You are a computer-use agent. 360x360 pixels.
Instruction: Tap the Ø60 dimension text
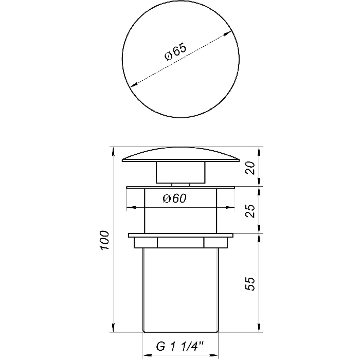click(x=175, y=199)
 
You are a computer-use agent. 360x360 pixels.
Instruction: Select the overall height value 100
click(x=104, y=240)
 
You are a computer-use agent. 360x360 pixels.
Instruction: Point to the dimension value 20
click(x=250, y=168)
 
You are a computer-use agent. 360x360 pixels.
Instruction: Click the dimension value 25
click(x=250, y=211)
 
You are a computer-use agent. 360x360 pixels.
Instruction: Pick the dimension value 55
click(x=250, y=284)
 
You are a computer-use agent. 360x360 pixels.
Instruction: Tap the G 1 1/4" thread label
click(x=180, y=346)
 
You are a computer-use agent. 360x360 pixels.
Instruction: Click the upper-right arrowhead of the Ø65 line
click(x=227, y=33)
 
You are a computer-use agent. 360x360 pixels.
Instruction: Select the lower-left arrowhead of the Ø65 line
click(x=134, y=84)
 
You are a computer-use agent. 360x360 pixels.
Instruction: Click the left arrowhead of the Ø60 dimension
click(x=131, y=207)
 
